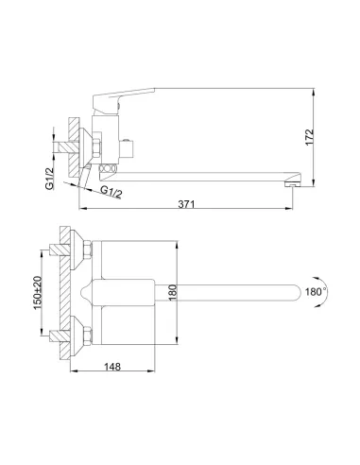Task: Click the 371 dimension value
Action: pyautogui.click(x=186, y=204)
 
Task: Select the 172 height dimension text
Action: pyautogui.click(x=309, y=137)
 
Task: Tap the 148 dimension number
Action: pyautogui.click(x=112, y=367)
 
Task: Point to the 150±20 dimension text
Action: pyautogui.click(x=38, y=292)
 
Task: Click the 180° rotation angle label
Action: pyautogui.click(x=316, y=292)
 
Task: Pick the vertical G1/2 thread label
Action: pyautogui.click(x=49, y=179)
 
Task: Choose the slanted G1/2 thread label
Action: pyautogui.click(x=111, y=192)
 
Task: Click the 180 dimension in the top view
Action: pyautogui.click(x=173, y=292)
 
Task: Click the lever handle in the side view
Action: pyautogui.click(x=121, y=100)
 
